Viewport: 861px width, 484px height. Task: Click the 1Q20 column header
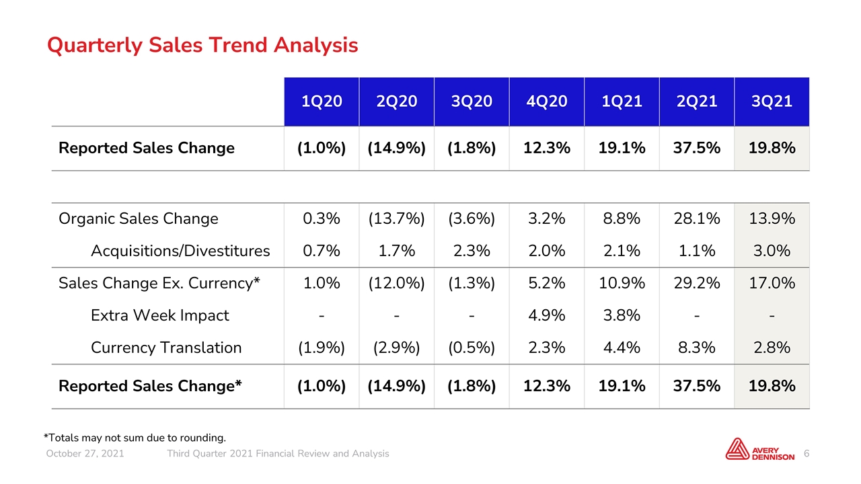tap(322, 102)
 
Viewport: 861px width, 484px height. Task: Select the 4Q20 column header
tap(547, 102)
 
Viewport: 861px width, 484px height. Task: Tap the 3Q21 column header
tap(772, 102)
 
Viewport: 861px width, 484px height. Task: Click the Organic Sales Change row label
tap(139, 219)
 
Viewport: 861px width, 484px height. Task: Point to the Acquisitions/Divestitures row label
tap(180, 251)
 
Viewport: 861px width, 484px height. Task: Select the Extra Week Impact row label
tap(160, 315)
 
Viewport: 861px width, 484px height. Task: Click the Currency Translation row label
tap(166, 348)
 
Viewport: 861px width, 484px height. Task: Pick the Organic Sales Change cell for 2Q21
tap(696, 218)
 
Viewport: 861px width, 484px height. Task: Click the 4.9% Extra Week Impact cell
tap(547, 315)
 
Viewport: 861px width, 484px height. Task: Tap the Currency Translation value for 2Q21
tap(696, 348)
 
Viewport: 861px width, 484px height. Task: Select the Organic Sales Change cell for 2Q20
tap(396, 219)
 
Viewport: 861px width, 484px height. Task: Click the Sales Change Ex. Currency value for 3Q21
tap(772, 283)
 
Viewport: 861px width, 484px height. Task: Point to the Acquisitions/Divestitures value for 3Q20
tap(472, 251)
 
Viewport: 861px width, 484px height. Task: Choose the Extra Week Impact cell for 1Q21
tap(622, 315)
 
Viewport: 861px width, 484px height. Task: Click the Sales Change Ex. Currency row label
tap(159, 283)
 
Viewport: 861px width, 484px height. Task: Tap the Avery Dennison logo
tap(760, 449)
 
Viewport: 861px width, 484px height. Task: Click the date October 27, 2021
tap(85, 454)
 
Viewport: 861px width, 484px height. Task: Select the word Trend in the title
tap(238, 45)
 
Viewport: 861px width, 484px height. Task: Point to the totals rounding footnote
tap(135, 438)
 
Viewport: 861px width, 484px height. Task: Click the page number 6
tap(807, 454)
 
